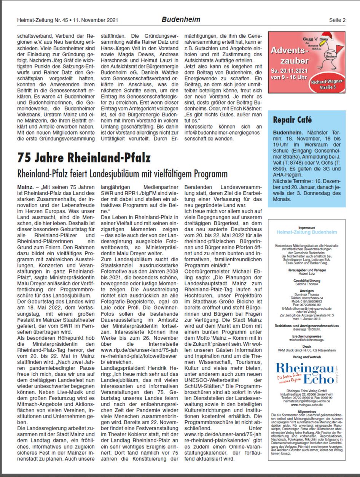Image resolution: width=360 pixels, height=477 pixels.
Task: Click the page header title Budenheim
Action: tap(181, 19)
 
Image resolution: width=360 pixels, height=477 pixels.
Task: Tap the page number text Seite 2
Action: tap(337, 20)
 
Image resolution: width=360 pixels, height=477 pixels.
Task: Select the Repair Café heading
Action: tap(295, 120)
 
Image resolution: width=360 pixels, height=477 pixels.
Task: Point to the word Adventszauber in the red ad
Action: tap(290, 55)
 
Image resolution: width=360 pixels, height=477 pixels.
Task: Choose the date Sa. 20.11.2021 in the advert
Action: tap(290, 71)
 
